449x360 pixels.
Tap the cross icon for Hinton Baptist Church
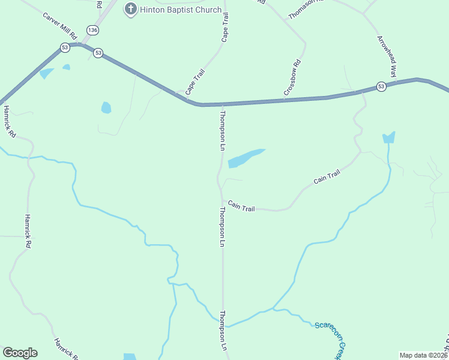pos(130,9)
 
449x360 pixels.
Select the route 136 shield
pos(92,30)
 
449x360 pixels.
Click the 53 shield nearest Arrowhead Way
pos(381,87)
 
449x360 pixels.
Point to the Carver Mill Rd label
pos(60,24)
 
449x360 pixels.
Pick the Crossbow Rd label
pos(292,78)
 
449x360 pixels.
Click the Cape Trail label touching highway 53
pos(195,82)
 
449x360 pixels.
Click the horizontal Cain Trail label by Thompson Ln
pos(241,207)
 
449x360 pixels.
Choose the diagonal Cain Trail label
pos(327,177)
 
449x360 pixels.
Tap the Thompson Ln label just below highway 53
pos(223,130)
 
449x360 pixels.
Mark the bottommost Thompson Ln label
pos(223,330)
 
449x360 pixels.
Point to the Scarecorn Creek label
pos(332,340)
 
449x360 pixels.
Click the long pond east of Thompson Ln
pos(245,158)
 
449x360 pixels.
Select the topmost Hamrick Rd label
pos(8,122)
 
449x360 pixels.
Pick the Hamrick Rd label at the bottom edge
pos(65,349)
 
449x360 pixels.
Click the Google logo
pos(20,353)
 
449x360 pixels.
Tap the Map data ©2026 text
pos(423,355)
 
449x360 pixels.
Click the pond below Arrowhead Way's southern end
pos(389,137)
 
